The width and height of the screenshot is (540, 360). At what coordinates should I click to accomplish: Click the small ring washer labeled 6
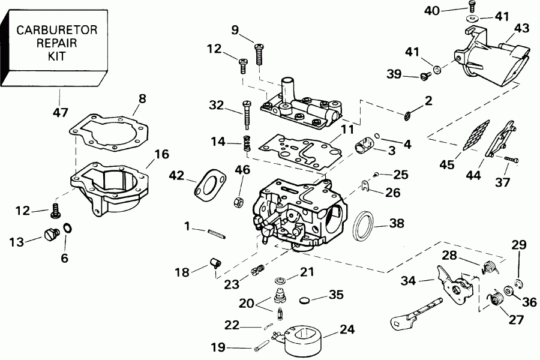pos(68,229)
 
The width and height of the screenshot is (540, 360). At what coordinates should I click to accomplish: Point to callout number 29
pos(518,244)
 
